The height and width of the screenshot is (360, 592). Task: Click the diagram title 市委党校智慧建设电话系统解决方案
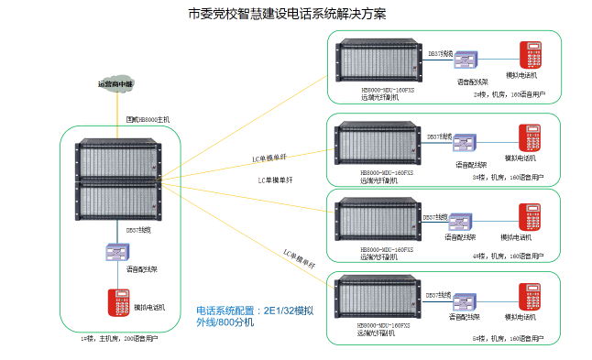(287, 15)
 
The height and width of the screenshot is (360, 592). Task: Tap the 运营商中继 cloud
(116, 84)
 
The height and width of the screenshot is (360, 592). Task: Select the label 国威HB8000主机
(148, 120)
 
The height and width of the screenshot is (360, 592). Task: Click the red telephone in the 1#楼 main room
(117, 303)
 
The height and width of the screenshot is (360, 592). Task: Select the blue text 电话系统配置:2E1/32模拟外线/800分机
(255, 317)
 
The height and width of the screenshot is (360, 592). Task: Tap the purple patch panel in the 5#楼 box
(466, 301)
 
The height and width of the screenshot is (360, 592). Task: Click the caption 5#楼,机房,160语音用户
(508, 338)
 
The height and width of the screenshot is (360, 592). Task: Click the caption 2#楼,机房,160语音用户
(508, 94)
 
